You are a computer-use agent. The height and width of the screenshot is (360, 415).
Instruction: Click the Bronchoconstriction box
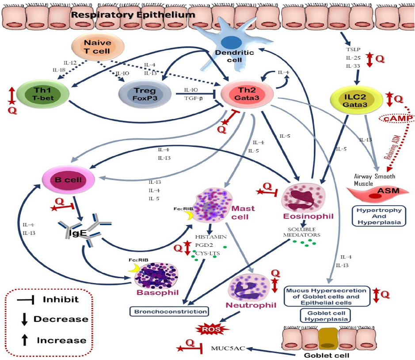(x=169, y=311)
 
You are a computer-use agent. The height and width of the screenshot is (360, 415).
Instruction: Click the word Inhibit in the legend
(x=61, y=299)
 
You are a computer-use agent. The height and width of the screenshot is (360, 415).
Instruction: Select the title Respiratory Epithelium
(x=133, y=15)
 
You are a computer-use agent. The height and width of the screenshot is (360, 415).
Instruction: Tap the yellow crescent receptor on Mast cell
(x=189, y=214)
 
